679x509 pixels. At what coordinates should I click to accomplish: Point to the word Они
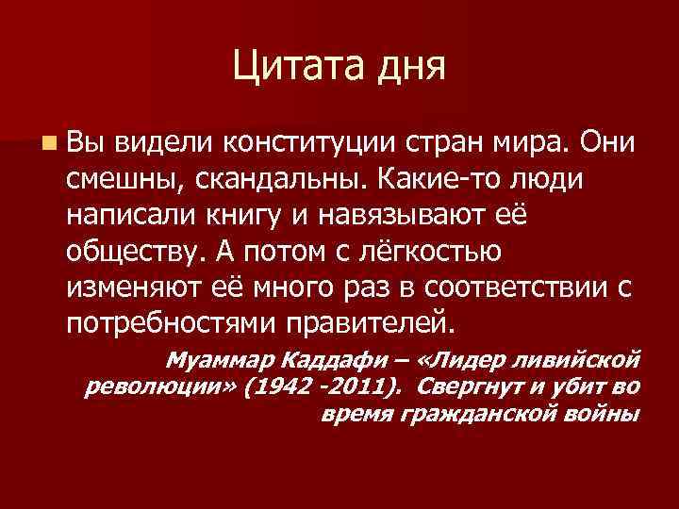[606, 141]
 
